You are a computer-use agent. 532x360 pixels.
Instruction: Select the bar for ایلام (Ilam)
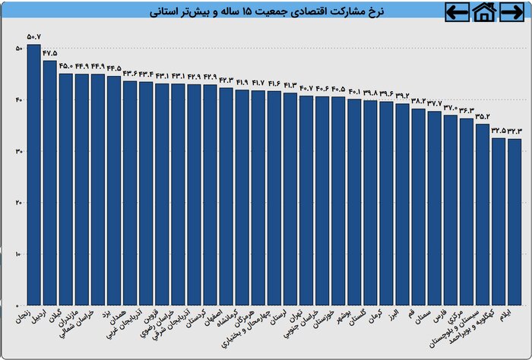(514, 220)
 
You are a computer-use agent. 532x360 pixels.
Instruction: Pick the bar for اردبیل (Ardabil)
(49, 182)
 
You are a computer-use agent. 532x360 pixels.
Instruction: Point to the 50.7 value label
(33, 36)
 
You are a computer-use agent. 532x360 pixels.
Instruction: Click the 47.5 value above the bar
(49, 53)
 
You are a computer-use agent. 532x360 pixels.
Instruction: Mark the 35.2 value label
(482, 116)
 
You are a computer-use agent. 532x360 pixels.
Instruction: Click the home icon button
(484, 11)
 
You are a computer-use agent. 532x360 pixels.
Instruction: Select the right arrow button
(511, 11)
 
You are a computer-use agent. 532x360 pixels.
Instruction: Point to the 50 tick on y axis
(17, 49)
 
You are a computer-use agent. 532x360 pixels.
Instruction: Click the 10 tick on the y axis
(17, 254)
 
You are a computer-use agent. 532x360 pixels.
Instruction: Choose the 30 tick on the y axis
(17, 151)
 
